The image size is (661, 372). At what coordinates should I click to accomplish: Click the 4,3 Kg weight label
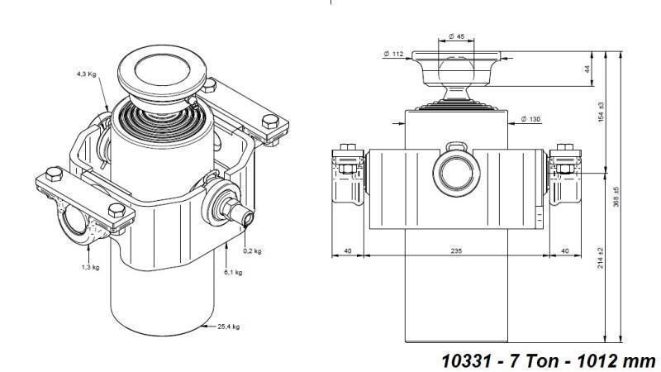[87, 74]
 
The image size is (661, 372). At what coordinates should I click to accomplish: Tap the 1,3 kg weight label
[91, 267]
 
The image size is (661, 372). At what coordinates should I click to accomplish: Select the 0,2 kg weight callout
[253, 250]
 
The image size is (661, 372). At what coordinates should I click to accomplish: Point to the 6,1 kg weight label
[233, 271]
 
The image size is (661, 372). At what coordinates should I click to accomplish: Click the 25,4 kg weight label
[228, 327]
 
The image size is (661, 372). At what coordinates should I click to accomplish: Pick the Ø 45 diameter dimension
[456, 36]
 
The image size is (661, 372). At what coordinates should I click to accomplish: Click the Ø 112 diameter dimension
[392, 54]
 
